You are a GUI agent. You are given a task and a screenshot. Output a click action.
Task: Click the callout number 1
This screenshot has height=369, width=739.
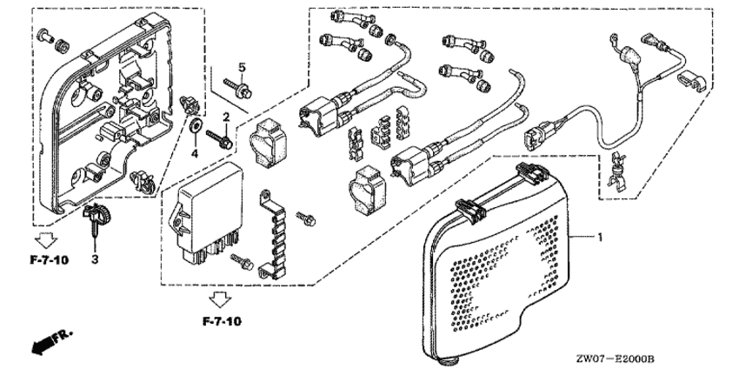tap(600, 238)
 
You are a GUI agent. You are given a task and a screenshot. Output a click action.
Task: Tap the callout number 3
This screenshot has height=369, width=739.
tap(95, 259)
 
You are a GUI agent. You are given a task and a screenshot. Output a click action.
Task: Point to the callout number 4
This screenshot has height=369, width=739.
tap(195, 153)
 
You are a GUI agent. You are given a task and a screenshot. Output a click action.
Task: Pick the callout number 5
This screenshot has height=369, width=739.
tap(242, 68)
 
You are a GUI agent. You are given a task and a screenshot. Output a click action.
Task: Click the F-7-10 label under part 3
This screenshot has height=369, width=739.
tap(49, 259)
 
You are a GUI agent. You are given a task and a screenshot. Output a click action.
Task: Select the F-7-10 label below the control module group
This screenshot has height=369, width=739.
tap(222, 322)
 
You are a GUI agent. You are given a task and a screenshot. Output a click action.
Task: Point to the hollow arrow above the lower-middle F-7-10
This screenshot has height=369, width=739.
tap(220, 299)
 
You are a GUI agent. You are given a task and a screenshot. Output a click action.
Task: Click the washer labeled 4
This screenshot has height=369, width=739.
tap(195, 125)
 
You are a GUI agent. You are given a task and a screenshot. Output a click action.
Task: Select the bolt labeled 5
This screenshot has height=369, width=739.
tap(238, 89)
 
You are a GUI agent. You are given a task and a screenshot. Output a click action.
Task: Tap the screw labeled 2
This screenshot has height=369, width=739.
tap(219, 138)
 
